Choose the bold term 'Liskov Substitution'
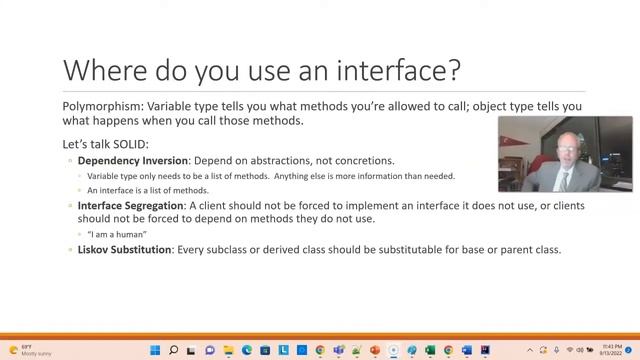125,249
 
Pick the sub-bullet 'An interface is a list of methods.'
147,190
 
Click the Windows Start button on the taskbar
156,350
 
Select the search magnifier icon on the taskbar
174,350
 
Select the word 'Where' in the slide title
98,70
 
